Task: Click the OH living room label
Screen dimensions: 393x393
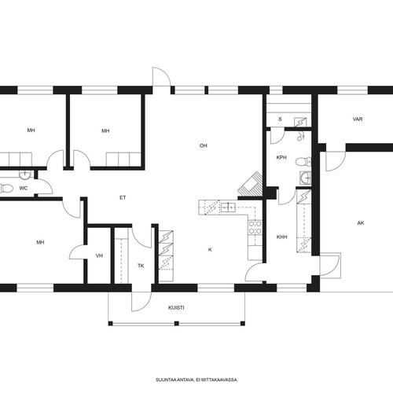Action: pyautogui.click(x=204, y=145)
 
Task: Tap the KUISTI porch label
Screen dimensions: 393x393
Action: pyautogui.click(x=176, y=307)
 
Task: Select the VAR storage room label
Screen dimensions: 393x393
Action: pyautogui.click(x=358, y=119)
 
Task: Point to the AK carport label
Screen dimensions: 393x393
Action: pyautogui.click(x=361, y=223)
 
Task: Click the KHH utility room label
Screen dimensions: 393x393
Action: pyautogui.click(x=282, y=237)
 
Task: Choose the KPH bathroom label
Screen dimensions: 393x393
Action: pyautogui.click(x=281, y=157)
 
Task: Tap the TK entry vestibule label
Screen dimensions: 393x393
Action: pyautogui.click(x=141, y=266)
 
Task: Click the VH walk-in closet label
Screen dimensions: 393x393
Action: pyautogui.click(x=99, y=255)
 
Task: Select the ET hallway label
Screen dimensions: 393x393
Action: pyautogui.click(x=123, y=198)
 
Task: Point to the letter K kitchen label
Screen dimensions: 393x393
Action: pyautogui.click(x=210, y=250)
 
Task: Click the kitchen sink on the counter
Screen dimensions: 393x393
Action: pyautogui.click(x=229, y=208)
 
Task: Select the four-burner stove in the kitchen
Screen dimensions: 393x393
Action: pyautogui.click(x=255, y=227)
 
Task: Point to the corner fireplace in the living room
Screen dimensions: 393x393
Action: pyautogui.click(x=250, y=184)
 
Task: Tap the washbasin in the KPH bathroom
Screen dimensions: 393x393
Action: pyautogui.click(x=306, y=178)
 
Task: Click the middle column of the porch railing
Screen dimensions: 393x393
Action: pyautogui.click(x=177, y=324)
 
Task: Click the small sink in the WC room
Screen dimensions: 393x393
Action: pyautogui.click(x=25, y=174)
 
